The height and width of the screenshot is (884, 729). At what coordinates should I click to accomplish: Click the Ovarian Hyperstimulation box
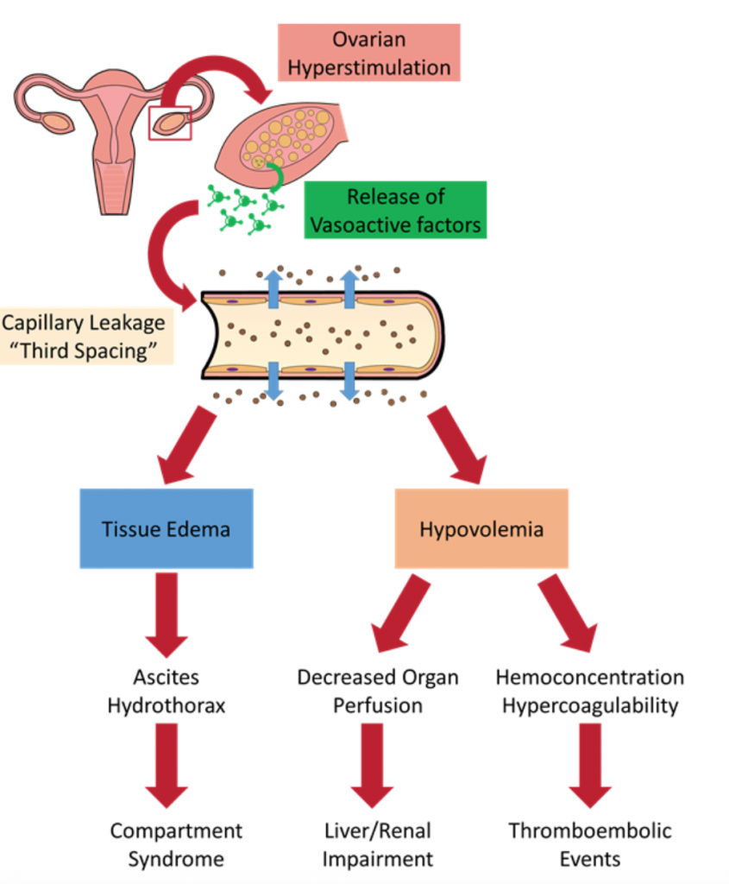point(369,53)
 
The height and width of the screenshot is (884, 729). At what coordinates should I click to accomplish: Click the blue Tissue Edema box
point(167,528)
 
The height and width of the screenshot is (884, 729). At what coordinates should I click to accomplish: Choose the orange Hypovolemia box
point(481,528)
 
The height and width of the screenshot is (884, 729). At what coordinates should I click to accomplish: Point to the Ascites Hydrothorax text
point(167,691)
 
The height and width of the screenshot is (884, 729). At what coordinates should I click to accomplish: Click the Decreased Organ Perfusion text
point(377,691)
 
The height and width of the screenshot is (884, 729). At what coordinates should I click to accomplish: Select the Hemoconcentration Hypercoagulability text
point(589,691)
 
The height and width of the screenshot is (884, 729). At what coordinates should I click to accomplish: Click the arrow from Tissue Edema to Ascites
point(167,615)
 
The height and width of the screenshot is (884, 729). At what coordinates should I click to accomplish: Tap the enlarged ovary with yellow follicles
point(285,138)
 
